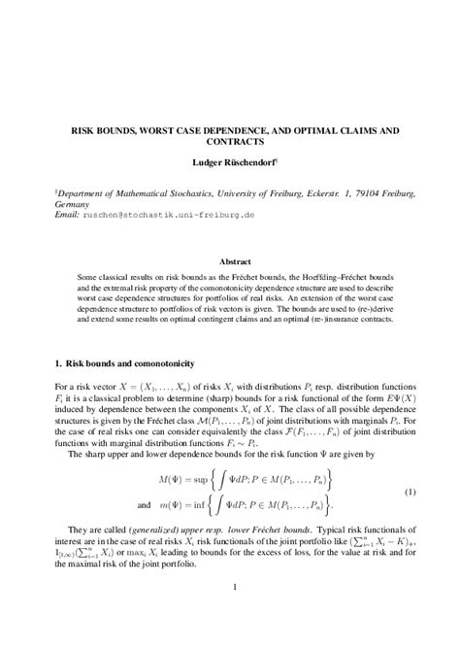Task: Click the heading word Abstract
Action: [x=236, y=261]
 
